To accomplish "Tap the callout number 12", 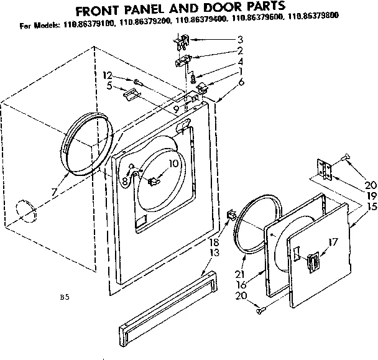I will [107, 76].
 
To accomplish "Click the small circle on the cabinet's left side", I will [25, 210].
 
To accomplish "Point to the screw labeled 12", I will [136, 81].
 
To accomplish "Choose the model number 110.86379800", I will [317, 27].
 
